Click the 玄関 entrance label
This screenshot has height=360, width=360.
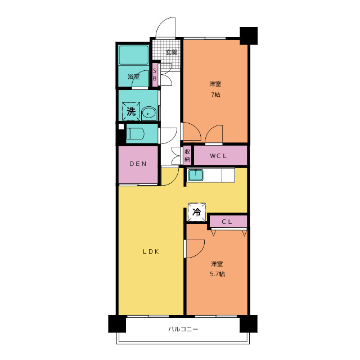click(x=171, y=52)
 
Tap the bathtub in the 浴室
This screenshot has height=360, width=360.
click(x=133, y=55)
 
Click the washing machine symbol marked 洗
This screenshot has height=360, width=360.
click(x=131, y=111)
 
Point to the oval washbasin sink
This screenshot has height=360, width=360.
click(x=148, y=113)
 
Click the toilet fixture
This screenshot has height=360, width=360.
click(x=135, y=133)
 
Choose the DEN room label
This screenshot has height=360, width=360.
click(x=138, y=164)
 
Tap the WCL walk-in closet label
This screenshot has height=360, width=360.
click(x=218, y=156)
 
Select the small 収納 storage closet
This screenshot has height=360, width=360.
click(x=187, y=155)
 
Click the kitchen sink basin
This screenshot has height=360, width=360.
click(x=196, y=175)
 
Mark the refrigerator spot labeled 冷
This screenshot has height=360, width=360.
click(x=196, y=212)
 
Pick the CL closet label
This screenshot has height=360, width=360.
click(x=227, y=222)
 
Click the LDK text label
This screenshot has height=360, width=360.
click(x=151, y=251)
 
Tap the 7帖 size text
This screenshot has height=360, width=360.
click(x=215, y=94)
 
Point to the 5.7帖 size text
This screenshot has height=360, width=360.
click(x=217, y=274)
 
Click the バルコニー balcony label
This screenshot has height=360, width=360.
click(x=183, y=329)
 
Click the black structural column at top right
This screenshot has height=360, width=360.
click(x=249, y=36)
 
